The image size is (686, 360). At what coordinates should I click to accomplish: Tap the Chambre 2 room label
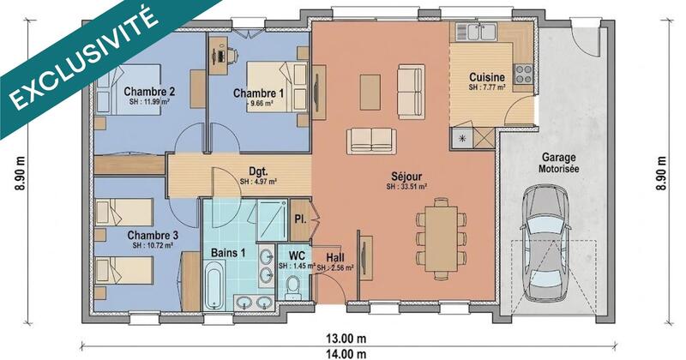149,92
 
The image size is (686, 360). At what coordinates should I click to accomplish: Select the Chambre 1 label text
258,93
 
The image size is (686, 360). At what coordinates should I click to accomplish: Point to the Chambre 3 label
152,235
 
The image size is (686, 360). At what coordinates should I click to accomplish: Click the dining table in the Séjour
442,237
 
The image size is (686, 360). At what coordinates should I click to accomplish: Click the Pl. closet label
300,220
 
